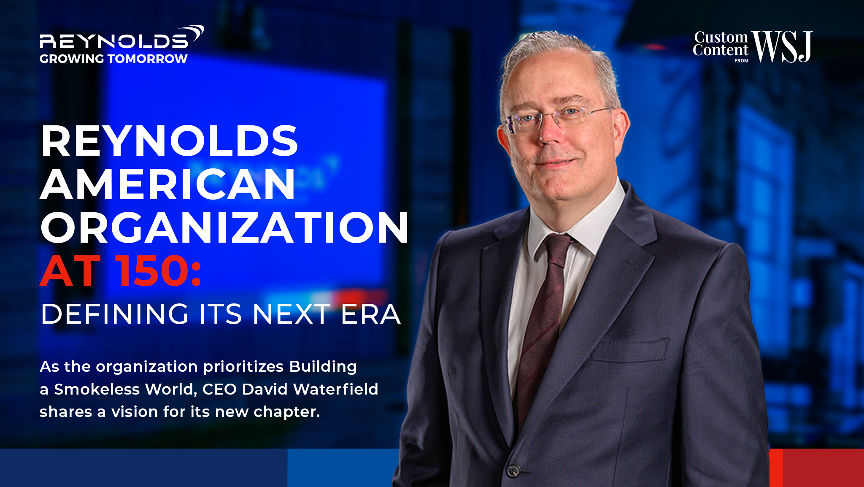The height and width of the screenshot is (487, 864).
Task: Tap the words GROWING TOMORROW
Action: (113, 59)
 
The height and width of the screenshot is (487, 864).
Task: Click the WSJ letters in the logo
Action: (782, 46)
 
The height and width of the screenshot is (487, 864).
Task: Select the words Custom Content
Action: (721, 44)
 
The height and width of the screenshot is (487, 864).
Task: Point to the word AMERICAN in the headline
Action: (168, 184)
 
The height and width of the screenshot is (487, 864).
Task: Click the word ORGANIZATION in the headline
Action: (224, 227)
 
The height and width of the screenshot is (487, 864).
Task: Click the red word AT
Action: (70, 271)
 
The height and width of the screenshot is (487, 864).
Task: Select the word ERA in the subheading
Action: (370, 314)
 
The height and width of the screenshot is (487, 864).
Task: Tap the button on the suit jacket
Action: (513, 470)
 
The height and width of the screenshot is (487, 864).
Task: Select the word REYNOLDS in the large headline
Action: (170, 141)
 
